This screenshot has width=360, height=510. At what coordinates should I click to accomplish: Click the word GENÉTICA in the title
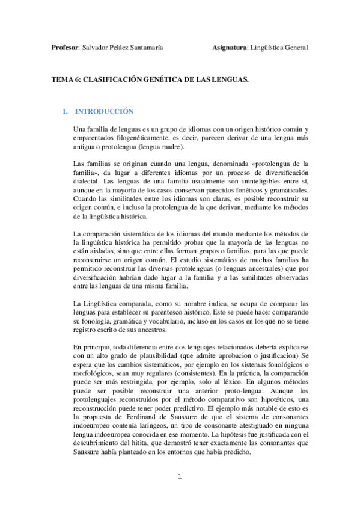[x=166, y=79]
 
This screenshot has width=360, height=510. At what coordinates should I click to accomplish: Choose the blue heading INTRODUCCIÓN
[x=107, y=112]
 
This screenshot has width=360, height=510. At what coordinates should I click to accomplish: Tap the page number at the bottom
[x=180, y=478]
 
